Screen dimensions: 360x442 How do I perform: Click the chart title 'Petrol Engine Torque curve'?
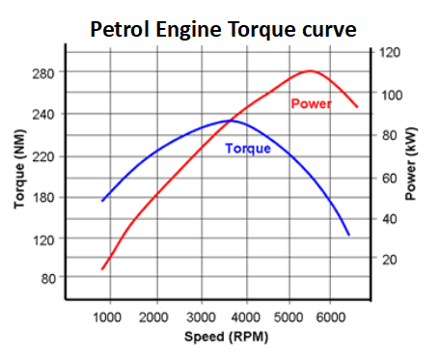pyautogui.click(x=224, y=29)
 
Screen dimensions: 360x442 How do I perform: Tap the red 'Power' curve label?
pyautogui.click(x=311, y=103)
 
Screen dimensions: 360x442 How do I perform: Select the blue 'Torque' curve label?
pyautogui.click(x=248, y=149)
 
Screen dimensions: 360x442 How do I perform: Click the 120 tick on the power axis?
pyautogui.click(x=388, y=52)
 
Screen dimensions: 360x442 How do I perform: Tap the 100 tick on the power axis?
pyautogui.click(x=388, y=94)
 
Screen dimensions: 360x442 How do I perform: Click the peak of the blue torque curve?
pyautogui.click(x=231, y=121)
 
